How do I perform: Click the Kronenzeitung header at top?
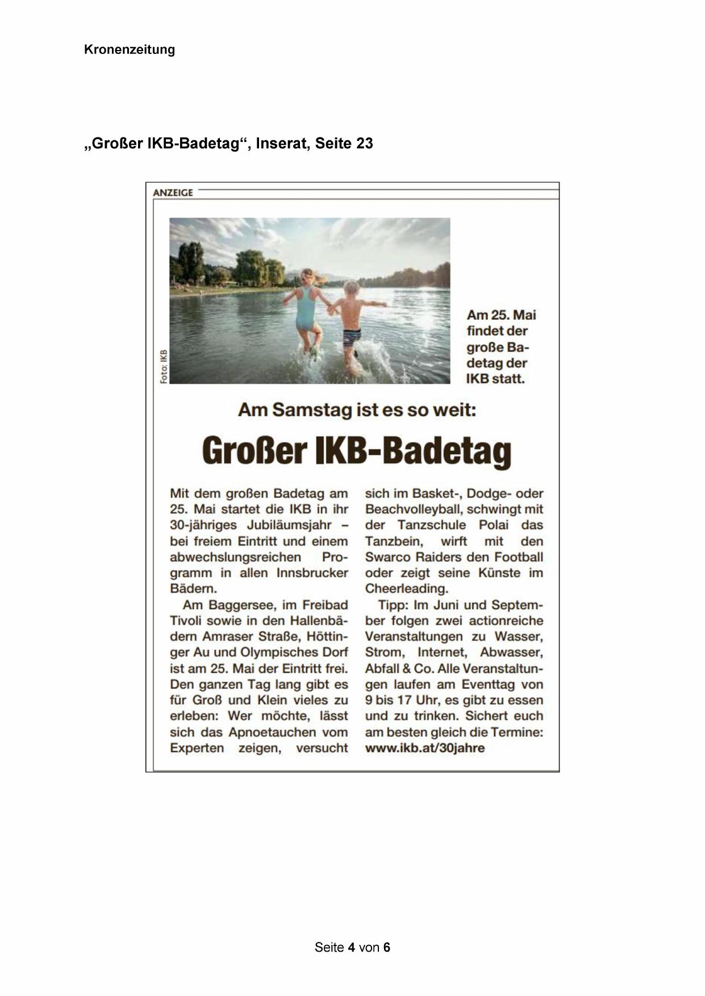click(x=129, y=49)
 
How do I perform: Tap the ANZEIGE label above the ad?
click(x=173, y=192)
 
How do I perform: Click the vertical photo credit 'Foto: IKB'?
click(x=164, y=366)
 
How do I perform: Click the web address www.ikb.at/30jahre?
click(x=424, y=748)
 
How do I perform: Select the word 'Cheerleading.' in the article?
click(x=406, y=589)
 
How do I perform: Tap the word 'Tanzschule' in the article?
click(x=431, y=525)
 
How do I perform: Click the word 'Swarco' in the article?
click(x=386, y=557)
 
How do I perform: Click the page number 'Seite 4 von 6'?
click(x=352, y=947)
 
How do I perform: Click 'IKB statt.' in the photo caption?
click(x=495, y=379)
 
